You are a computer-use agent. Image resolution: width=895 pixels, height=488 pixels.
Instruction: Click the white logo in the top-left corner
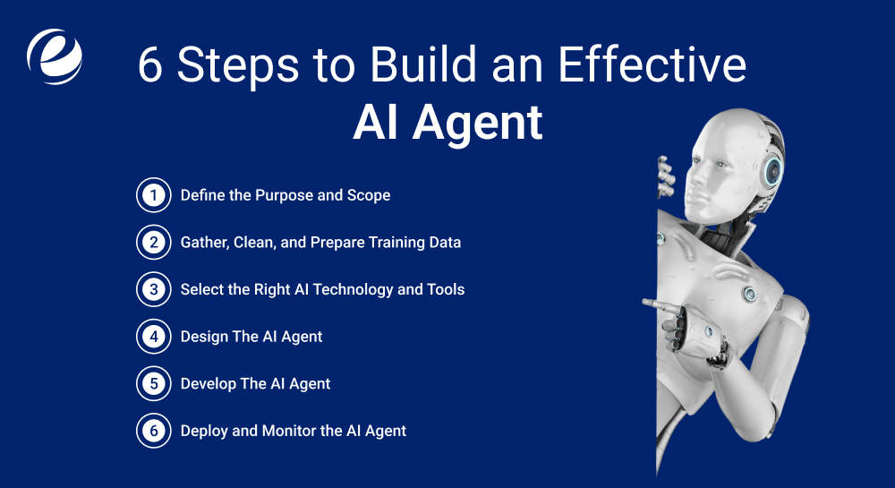[x=54, y=56]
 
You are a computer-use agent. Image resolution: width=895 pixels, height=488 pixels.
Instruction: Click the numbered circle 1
[x=153, y=195]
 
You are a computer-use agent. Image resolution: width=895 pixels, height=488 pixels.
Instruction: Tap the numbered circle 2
[x=153, y=242]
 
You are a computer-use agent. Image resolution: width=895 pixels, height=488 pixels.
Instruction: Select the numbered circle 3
[x=153, y=289]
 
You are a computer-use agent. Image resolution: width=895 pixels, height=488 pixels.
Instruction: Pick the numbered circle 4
[x=153, y=337]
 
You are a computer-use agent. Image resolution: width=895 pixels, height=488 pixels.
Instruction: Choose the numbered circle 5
[x=153, y=383]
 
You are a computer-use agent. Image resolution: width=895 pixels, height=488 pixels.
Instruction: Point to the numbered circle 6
[x=153, y=431]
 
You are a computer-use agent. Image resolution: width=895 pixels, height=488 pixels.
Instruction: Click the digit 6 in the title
[x=152, y=66]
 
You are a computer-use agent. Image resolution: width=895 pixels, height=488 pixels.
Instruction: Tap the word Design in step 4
[x=204, y=337]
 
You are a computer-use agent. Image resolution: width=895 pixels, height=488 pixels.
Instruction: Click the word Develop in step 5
[x=209, y=383]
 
